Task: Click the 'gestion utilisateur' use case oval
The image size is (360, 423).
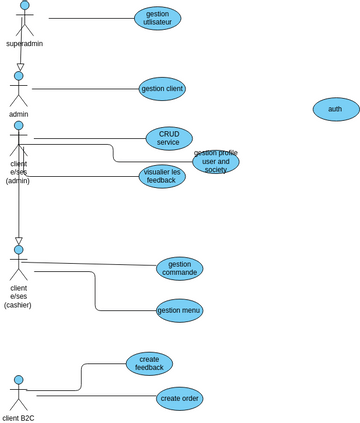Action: point(157,18)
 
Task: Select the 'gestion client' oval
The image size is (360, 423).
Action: point(162,89)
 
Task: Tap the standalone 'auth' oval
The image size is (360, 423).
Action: point(335,109)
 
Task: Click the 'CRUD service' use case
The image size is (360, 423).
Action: point(169,138)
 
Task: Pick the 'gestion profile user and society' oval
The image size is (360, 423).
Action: point(216,162)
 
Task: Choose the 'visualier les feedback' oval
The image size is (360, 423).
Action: point(162,176)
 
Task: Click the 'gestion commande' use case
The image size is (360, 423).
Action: point(179,268)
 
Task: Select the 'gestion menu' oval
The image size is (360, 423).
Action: point(179,310)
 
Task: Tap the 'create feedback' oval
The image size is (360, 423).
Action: point(149,363)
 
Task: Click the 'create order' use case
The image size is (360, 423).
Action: point(179,398)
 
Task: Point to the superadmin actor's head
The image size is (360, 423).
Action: point(25,5)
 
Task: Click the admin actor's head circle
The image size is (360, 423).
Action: point(18,76)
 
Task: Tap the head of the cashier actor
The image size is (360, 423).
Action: point(18,250)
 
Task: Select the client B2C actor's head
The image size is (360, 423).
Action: point(18,380)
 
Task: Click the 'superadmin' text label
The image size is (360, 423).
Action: point(24,44)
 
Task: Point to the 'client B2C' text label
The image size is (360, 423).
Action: point(18,418)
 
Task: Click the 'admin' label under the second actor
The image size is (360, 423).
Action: point(18,114)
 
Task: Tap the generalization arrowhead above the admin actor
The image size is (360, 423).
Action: point(20,67)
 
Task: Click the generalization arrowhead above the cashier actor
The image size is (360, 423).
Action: point(18,241)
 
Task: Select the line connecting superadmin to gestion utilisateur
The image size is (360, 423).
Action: point(90,18)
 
